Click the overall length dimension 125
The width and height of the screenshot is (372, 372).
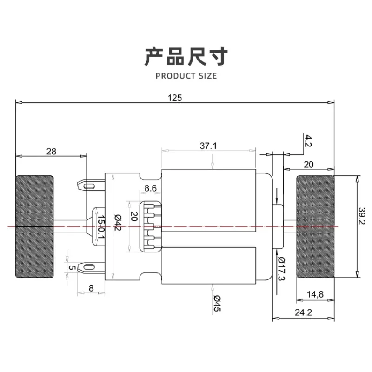[x=175, y=98]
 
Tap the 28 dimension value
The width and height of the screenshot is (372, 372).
[x=51, y=151]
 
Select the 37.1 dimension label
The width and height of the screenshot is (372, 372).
[x=208, y=146]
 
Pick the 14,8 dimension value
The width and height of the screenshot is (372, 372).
[x=315, y=294]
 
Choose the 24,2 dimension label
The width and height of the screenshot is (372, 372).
[x=303, y=312]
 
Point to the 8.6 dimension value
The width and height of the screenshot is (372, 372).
[x=150, y=188]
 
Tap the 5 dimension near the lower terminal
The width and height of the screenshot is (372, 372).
[x=70, y=267]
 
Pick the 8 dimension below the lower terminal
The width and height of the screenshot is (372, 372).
[x=91, y=288]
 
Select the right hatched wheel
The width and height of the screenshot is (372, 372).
[x=315, y=226]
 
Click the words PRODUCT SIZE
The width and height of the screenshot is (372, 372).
[x=186, y=75]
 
